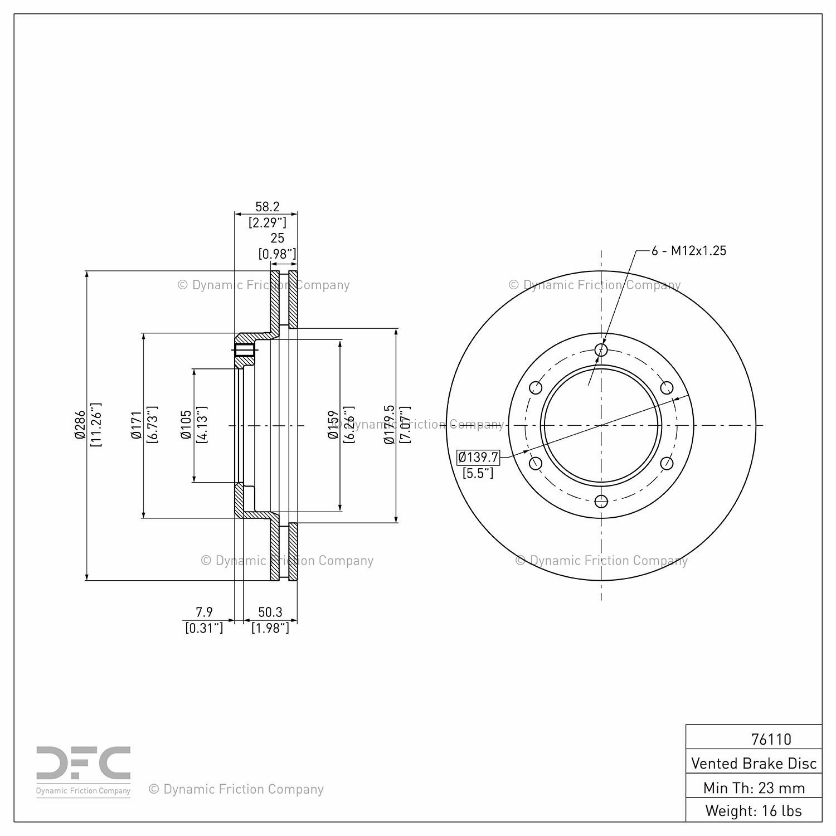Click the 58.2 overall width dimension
click(267, 207)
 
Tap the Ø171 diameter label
click(137, 426)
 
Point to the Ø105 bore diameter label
click(186, 425)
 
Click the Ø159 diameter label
click(333, 425)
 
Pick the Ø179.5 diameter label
click(390, 425)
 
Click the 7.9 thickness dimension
click(204, 612)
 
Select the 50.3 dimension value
click(270, 612)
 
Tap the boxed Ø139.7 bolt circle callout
click(478, 458)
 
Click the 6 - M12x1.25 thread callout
click(689, 251)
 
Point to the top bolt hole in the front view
click(601, 349)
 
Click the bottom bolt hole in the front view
click(601, 501)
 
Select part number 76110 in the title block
click(771, 739)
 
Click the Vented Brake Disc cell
click(754, 763)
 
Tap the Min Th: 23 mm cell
click(754, 788)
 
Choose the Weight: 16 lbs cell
click(754, 810)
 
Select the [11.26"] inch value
click(96, 425)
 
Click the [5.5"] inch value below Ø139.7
click(478, 474)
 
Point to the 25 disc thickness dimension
click(277, 238)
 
